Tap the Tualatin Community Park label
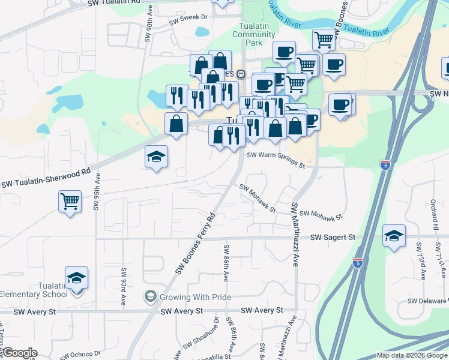tap(253, 35)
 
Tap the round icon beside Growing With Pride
tap(149, 296)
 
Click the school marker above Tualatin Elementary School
tap(76, 278)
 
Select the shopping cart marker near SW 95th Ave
tap(70, 201)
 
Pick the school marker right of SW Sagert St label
tap(394, 235)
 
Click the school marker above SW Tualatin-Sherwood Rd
tap(156, 158)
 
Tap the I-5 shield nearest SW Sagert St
tap(358, 263)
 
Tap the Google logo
tap(19, 353)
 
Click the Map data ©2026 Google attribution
tap(412, 355)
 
